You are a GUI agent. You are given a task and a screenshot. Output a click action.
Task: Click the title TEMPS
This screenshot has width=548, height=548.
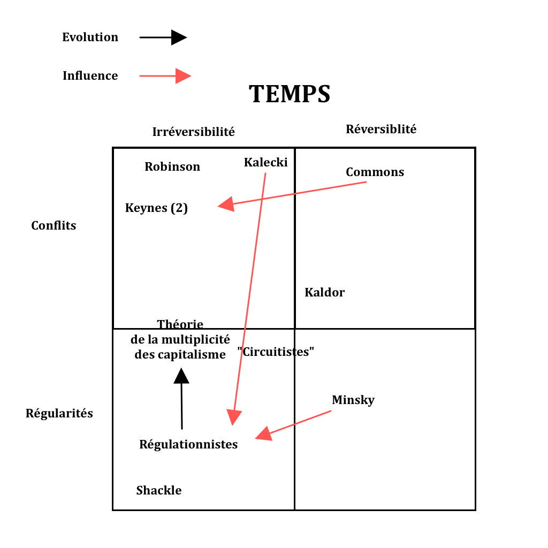click(290, 94)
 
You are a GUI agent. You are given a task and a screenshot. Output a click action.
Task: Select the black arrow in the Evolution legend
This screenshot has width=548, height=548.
click(163, 37)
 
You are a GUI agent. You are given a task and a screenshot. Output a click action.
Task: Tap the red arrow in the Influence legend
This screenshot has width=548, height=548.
click(165, 76)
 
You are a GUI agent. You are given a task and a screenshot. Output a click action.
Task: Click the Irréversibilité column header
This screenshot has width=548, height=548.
click(193, 132)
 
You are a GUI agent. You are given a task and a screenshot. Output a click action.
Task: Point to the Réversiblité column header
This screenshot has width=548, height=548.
click(381, 129)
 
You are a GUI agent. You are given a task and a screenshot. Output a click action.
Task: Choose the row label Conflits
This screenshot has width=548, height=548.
click(54, 225)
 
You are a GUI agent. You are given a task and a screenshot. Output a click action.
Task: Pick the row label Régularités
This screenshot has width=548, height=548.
click(59, 414)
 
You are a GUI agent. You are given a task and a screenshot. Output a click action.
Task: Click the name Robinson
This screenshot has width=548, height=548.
click(172, 166)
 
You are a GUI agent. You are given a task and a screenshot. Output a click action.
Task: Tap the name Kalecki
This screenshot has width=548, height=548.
click(265, 162)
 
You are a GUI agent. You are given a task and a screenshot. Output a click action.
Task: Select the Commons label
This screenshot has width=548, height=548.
click(375, 172)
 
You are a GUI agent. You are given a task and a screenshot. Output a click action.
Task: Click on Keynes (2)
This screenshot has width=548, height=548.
click(156, 208)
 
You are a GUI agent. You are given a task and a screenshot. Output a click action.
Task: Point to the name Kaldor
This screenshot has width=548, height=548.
click(325, 292)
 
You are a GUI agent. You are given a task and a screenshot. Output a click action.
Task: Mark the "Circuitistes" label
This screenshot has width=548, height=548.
click(276, 352)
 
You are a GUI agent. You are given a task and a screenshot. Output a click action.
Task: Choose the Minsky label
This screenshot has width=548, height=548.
click(353, 400)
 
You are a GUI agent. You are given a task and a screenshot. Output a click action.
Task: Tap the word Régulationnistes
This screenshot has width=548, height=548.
click(188, 444)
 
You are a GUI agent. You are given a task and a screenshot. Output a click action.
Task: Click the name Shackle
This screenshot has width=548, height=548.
click(159, 490)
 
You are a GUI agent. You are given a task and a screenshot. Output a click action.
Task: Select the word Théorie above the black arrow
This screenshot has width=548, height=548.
click(180, 324)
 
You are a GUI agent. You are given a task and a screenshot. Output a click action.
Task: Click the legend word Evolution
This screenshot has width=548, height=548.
click(90, 37)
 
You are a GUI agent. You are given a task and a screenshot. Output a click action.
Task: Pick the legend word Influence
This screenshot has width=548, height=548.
click(90, 76)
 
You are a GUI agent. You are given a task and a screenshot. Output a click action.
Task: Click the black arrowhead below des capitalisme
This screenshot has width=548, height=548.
click(181, 376)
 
